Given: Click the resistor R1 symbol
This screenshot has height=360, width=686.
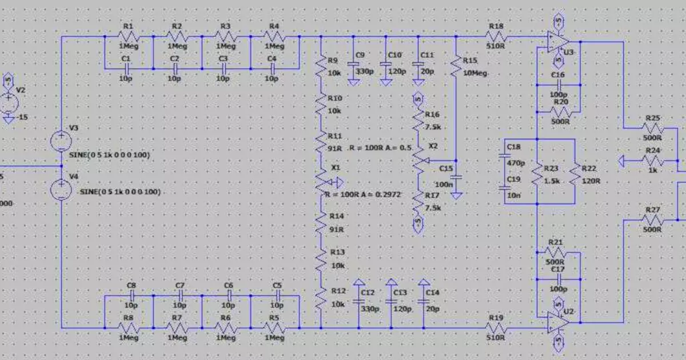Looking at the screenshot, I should [128, 37].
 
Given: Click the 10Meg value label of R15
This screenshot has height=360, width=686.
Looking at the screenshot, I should [475, 73].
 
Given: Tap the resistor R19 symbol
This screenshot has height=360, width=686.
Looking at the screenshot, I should [496, 328].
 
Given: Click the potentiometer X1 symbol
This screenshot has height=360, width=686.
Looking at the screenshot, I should [321, 182].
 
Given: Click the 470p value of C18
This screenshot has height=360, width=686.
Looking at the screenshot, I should [514, 163].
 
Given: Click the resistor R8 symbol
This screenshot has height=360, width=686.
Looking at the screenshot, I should [128, 328].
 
